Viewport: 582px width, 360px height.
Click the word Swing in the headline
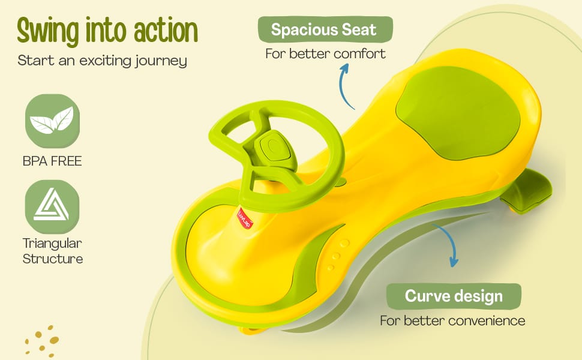(48, 31)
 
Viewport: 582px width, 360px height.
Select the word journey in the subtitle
(161, 61)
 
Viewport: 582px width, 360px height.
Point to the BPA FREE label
(52, 161)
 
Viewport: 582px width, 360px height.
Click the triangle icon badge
(52, 207)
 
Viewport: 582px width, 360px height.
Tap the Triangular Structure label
(52, 251)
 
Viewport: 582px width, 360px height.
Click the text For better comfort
(325, 54)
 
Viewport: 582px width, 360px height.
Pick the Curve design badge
(454, 296)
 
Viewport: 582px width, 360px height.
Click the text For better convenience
(452, 320)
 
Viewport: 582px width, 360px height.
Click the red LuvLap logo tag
(245, 218)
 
